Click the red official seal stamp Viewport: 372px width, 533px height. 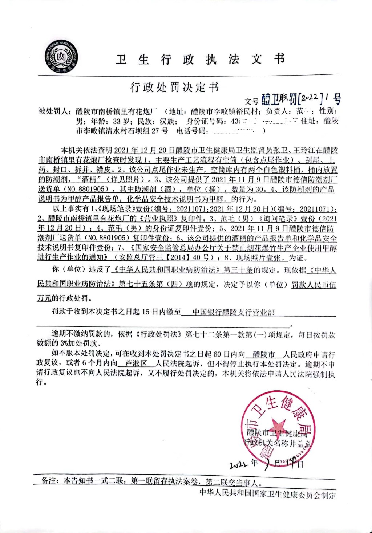coord(278,428)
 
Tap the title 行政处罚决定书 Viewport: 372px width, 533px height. coord(175,87)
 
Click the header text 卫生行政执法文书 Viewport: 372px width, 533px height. coord(201,59)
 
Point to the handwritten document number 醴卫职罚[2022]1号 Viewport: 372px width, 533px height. coord(301,98)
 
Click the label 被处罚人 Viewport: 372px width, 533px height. coord(53,111)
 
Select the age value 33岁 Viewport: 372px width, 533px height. coord(123,121)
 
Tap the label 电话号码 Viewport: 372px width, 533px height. coord(191,131)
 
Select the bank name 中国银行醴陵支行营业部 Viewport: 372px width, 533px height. coord(234,312)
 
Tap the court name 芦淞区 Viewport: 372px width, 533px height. coord(136,363)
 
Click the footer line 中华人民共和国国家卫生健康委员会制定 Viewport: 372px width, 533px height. coord(267,494)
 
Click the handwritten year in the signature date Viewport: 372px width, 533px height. coord(239,465)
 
